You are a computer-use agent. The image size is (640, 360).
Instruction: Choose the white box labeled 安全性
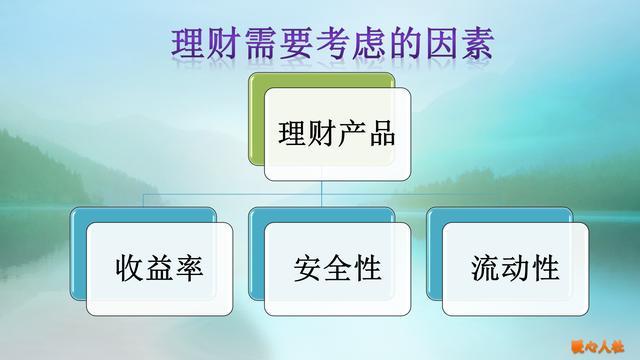pyautogui.click(x=337, y=268)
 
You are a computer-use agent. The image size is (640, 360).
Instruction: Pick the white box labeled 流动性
pyautogui.click(x=515, y=268)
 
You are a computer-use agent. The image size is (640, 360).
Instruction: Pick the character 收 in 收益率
pyautogui.click(x=128, y=269)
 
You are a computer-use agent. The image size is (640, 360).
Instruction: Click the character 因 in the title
pyautogui.click(x=436, y=46)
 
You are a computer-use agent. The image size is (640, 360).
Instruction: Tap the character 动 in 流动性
pyautogui.click(x=515, y=269)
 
